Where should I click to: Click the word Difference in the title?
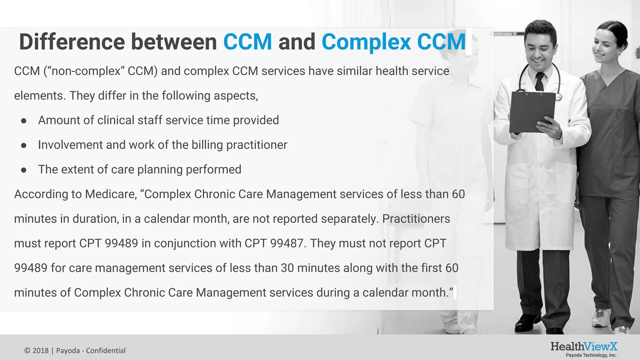[x=72, y=42]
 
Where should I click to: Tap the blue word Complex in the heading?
[x=366, y=42]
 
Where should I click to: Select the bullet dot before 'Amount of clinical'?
[x=24, y=121]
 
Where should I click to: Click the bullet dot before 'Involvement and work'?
[x=24, y=146]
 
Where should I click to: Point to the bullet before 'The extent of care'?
[x=24, y=170]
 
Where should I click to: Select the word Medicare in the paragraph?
[x=111, y=194]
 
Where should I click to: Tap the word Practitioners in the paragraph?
[x=416, y=219]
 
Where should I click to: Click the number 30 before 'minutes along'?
[x=287, y=268]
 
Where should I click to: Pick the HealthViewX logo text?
[x=584, y=346]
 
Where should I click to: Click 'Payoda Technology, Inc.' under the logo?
[x=591, y=355]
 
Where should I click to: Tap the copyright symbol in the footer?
[x=27, y=351]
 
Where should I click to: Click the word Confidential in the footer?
[x=106, y=351]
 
